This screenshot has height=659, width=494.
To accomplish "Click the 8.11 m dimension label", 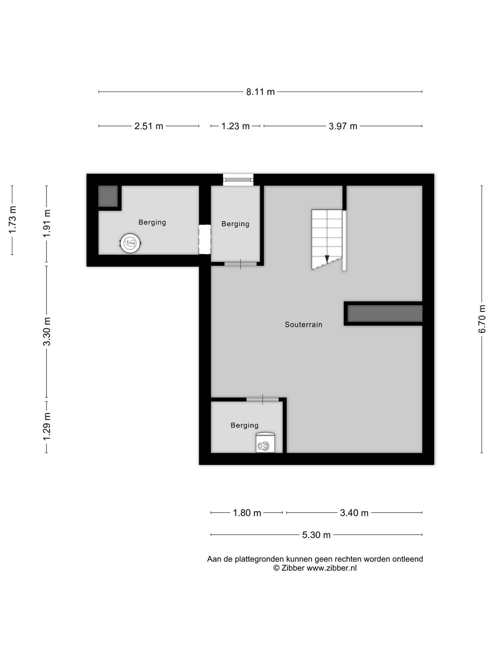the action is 260,91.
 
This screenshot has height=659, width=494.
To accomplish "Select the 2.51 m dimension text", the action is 149,126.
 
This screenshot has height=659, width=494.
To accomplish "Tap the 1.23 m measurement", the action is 235,126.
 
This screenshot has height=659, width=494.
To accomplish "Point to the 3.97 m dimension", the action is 343,126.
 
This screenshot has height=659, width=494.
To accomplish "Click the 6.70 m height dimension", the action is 482,319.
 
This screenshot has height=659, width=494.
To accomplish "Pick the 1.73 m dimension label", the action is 12,220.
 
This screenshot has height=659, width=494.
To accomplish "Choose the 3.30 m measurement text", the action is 47,332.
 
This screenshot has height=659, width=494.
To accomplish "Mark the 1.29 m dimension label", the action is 47,426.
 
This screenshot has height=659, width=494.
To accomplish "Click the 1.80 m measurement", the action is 247,512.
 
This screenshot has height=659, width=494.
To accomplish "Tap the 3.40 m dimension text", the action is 354,512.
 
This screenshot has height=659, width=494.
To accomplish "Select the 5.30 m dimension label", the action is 316,535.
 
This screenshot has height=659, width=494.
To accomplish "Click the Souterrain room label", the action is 303,324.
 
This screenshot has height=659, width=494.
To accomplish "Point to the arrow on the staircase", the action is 327,259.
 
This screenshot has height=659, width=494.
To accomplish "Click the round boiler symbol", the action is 130,243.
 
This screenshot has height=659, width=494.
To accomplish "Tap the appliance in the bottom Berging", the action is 265,442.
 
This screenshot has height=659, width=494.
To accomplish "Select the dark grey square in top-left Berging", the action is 108,196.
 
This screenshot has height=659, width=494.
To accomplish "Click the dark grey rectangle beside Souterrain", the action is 385,313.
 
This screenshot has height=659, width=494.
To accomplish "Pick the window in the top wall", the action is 238,180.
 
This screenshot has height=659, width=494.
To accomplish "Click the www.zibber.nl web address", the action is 331,568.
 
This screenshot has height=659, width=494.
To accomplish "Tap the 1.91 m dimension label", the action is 47,223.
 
